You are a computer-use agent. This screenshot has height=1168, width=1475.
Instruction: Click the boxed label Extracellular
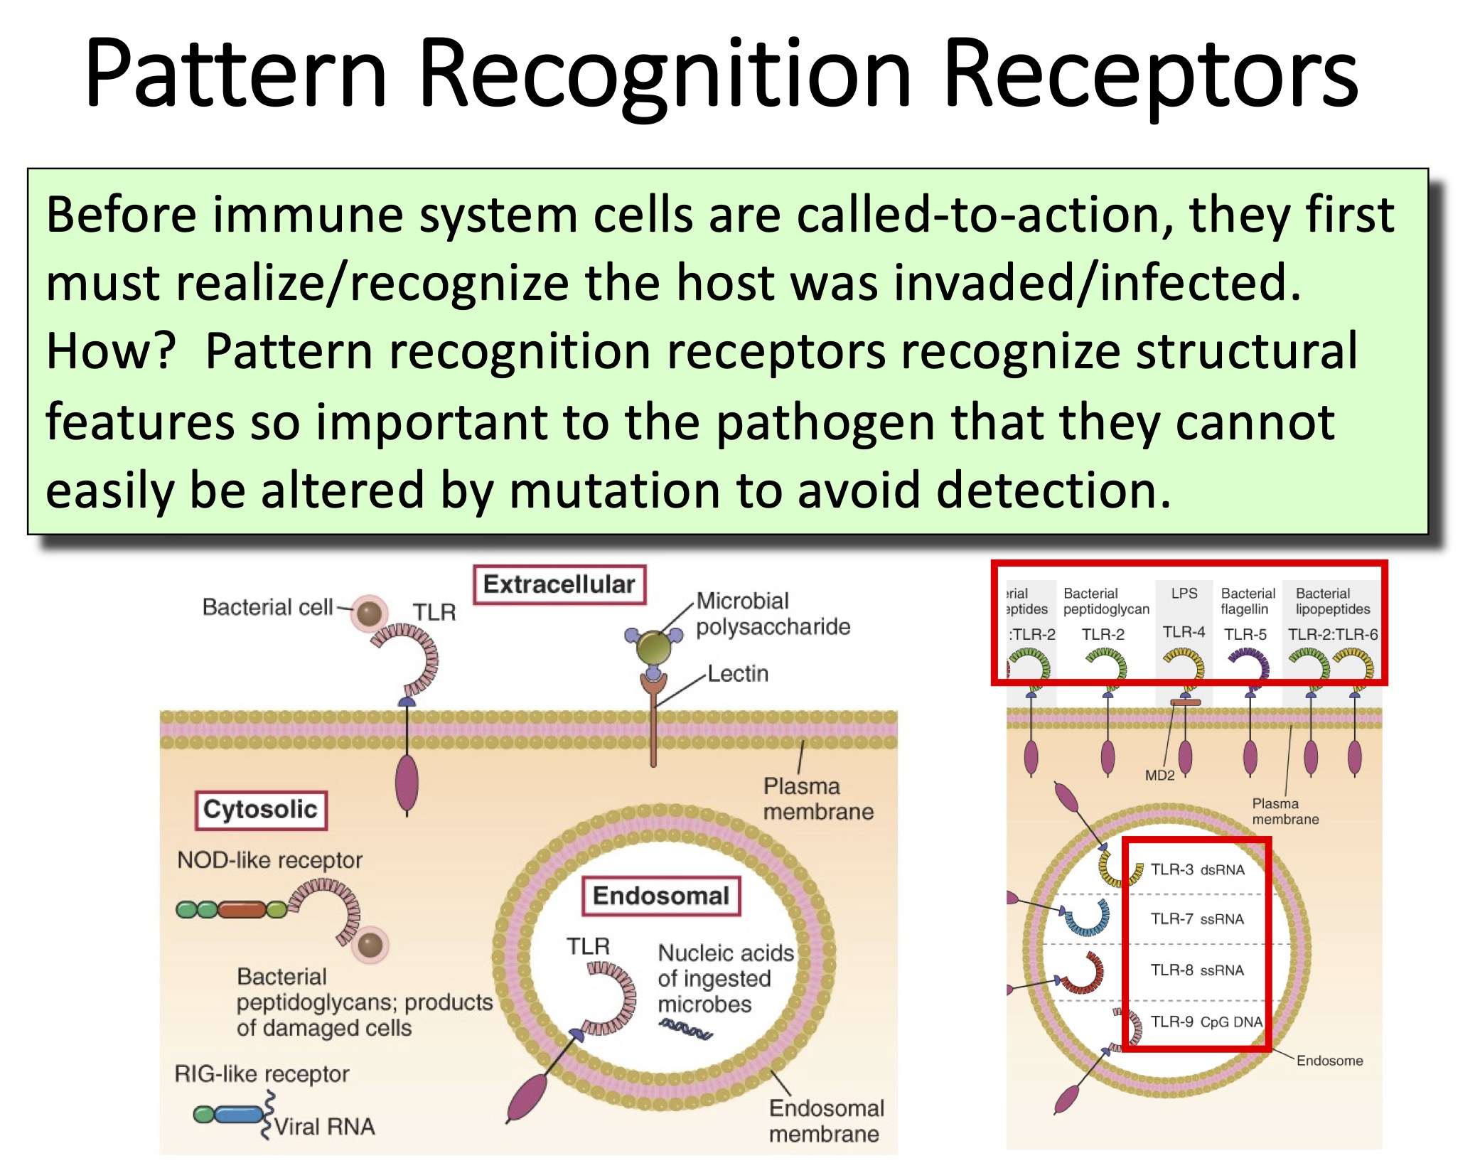pyautogui.click(x=559, y=584)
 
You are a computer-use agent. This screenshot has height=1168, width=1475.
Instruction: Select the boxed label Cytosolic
pyautogui.click(x=260, y=810)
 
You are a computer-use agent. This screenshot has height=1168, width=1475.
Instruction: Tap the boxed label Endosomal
pyautogui.click(x=660, y=896)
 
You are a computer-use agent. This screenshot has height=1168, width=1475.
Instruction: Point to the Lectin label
pyautogui.click(x=738, y=673)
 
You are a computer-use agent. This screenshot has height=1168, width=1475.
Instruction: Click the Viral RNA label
pyautogui.click(x=324, y=1127)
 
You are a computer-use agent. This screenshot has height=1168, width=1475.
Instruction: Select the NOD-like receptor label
pyautogui.click(x=269, y=860)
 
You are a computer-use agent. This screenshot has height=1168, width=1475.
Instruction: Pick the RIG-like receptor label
pyautogui.click(x=262, y=1073)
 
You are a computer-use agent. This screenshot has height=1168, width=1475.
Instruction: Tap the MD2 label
pyautogui.click(x=1159, y=776)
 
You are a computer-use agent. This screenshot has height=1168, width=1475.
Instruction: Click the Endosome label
pyautogui.click(x=1329, y=1061)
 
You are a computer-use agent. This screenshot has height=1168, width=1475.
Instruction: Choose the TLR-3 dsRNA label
pyautogui.click(x=1197, y=869)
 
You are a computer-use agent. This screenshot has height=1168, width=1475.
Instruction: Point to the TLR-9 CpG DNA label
pyautogui.click(x=1206, y=1022)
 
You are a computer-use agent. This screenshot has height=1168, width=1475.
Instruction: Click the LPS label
pyautogui.click(x=1184, y=593)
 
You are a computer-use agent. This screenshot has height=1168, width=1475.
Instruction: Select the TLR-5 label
pyautogui.click(x=1245, y=634)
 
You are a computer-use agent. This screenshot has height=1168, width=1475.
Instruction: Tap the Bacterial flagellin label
pyautogui.click(x=1248, y=601)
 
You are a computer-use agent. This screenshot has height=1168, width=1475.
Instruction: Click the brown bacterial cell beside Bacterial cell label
pyautogui.click(x=369, y=613)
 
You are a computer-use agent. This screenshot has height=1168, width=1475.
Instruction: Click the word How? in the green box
pyautogui.click(x=111, y=351)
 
